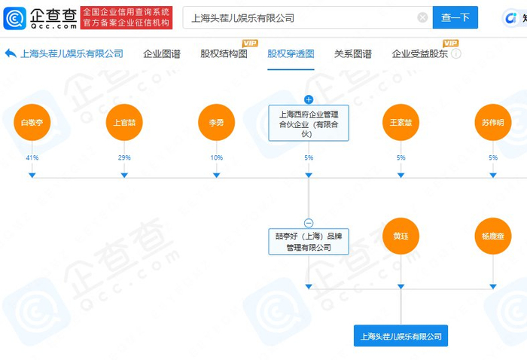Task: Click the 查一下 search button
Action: tap(455, 17)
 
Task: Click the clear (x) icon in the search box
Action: tap(422, 17)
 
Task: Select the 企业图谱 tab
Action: tap(162, 53)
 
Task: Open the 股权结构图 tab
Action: tap(224, 53)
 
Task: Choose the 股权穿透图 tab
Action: tap(291, 53)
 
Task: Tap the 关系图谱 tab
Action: tap(352, 53)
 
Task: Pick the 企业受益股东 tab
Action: tap(420, 53)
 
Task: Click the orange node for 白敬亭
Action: tap(32, 123)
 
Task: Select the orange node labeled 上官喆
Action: tap(124, 123)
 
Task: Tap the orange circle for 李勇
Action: tap(216, 123)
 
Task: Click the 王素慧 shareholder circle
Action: tap(401, 123)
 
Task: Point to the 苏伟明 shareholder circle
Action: tap(493, 123)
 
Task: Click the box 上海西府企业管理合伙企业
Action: tap(308, 123)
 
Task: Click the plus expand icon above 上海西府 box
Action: tap(308, 99)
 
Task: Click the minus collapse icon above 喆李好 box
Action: tap(308, 223)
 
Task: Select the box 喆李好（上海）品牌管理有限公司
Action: tap(308, 241)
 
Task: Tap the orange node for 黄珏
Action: tap(401, 236)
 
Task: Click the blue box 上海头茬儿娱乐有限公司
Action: tap(401, 336)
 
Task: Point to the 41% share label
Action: tap(32, 157)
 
